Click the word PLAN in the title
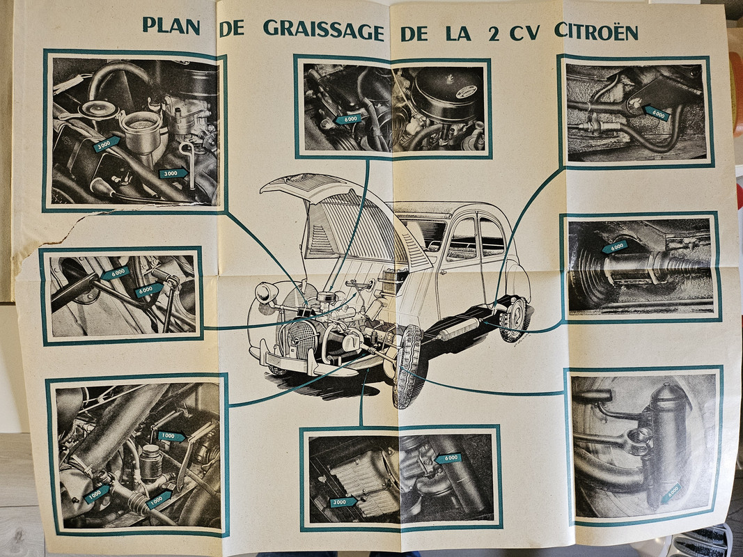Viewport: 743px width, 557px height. point(171,26)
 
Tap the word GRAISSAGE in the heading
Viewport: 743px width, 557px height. point(324,30)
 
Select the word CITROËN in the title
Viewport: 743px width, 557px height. point(596,31)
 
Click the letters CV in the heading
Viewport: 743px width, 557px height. point(524,33)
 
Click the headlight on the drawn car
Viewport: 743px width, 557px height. point(266,292)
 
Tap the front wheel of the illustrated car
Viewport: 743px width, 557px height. point(407,366)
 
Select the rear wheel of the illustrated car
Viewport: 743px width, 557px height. point(514,319)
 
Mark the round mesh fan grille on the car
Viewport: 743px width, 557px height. point(302,339)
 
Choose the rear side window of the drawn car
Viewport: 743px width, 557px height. point(492,237)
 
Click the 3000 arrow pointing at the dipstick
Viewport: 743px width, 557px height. point(173,173)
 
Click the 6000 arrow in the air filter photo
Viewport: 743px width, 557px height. point(347,119)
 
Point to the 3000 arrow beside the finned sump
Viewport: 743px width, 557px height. point(343,502)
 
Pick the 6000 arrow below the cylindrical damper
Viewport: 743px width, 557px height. point(671,493)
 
